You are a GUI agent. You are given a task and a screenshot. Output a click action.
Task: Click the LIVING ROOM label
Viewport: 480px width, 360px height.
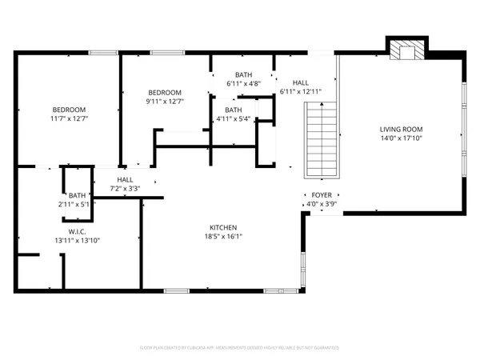(401, 129)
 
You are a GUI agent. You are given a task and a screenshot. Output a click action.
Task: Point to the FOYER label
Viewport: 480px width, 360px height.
(322, 194)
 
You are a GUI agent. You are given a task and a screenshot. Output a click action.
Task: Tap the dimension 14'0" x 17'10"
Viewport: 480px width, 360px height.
(401, 138)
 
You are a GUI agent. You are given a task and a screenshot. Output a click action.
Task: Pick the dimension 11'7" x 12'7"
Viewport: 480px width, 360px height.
(69, 119)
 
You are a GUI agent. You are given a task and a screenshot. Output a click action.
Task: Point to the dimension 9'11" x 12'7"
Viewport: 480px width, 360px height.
(165, 102)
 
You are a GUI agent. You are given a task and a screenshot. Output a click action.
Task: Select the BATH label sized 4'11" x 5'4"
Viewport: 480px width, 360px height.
(234, 110)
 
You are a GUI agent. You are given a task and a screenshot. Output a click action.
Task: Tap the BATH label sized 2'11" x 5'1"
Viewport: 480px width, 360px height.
(77, 195)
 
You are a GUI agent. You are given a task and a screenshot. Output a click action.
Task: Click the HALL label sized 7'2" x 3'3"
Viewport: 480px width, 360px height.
(126, 180)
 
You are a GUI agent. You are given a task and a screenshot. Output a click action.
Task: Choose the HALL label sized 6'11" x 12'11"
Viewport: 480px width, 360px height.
(301, 82)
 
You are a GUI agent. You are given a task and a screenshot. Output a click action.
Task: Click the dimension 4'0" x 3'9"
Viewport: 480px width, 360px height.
(322, 204)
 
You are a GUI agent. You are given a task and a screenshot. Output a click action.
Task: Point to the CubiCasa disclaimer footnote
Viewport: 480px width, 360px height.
(240, 348)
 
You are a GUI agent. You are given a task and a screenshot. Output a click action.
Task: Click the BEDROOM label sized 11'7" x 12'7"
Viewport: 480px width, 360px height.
(69, 110)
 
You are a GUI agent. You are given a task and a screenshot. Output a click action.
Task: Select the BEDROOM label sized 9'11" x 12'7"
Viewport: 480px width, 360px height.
(165, 92)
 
